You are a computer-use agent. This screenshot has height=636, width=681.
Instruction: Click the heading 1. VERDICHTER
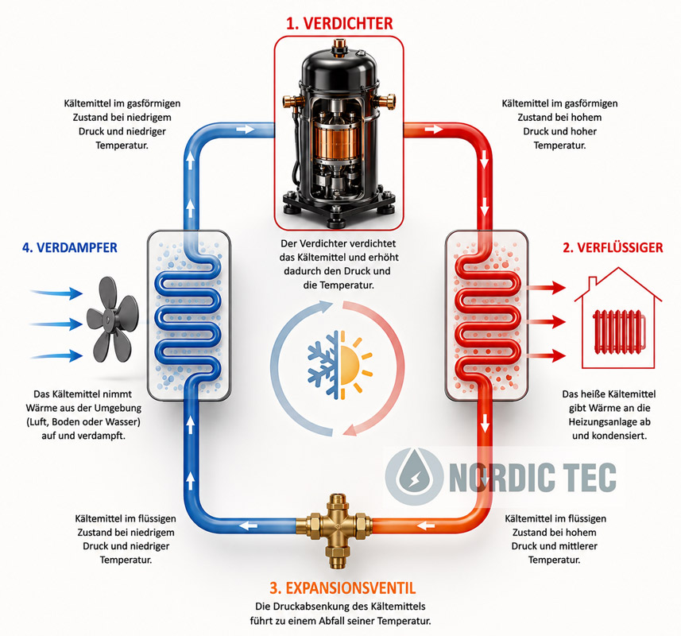pos(339,24)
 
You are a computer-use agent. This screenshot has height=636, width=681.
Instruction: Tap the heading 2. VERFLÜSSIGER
pos(613,247)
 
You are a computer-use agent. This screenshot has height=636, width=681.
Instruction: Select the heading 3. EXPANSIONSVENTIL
pos(342,588)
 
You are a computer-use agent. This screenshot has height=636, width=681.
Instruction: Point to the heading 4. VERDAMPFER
pos(70,247)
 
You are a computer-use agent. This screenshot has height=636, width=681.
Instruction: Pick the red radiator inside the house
pos(619,330)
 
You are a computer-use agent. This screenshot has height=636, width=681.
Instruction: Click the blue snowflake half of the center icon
pos(323,364)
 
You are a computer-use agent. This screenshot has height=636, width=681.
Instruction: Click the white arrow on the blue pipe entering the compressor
pos(246,129)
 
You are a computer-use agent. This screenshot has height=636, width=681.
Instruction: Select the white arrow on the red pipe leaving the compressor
pos(433,129)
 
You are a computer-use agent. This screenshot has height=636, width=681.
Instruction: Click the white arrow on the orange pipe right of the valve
pos(426,526)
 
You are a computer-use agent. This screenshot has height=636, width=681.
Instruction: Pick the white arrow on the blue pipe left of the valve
pos(249,526)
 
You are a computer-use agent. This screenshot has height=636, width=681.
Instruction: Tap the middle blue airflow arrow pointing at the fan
pos(56,324)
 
